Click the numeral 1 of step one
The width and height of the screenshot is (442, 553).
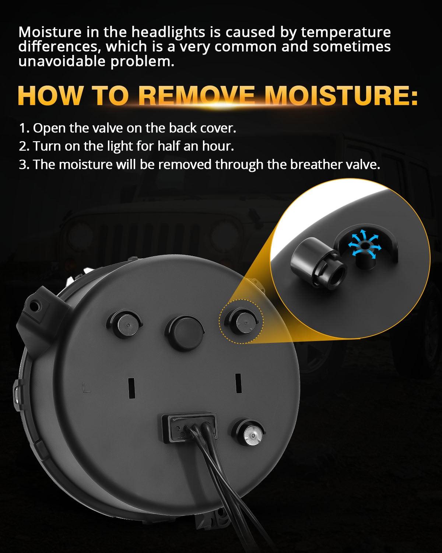click(23, 128)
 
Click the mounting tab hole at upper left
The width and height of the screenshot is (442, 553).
click(36, 305)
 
